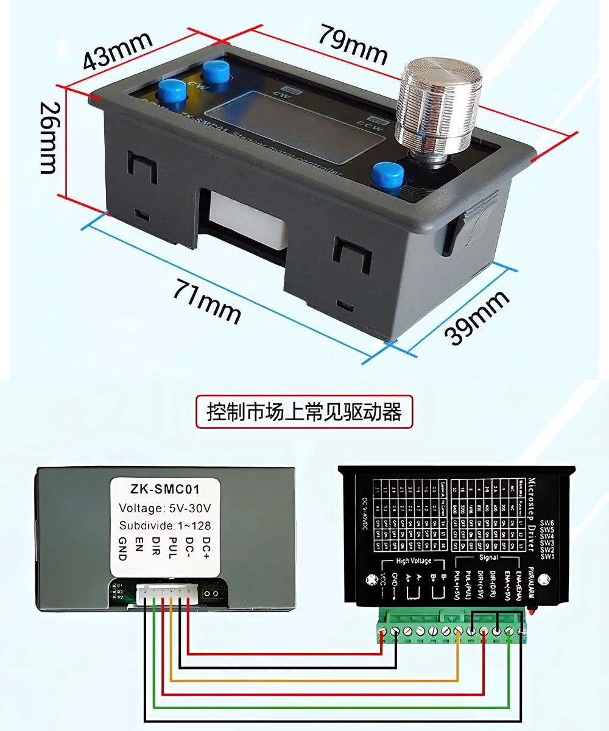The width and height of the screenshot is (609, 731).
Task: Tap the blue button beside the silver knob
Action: coord(388,177)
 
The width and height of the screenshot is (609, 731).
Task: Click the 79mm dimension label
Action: coord(352,44)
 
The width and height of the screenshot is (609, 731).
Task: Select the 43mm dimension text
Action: coord(117,51)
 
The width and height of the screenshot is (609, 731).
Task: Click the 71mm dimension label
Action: coord(207,300)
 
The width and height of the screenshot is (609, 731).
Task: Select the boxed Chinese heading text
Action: coord(304,412)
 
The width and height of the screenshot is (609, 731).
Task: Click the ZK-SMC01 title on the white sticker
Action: coord(165,489)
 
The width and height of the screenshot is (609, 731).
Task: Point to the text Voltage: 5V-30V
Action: coord(165,508)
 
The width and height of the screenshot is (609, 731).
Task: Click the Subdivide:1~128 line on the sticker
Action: coord(165,525)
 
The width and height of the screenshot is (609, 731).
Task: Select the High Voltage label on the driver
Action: coord(414,560)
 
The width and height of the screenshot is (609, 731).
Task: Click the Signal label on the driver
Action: coord(488,557)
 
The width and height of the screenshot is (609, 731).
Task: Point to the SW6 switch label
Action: coord(547,523)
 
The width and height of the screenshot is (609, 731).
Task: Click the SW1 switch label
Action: coord(547,556)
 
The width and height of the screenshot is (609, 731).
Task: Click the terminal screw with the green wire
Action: coord(510,632)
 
